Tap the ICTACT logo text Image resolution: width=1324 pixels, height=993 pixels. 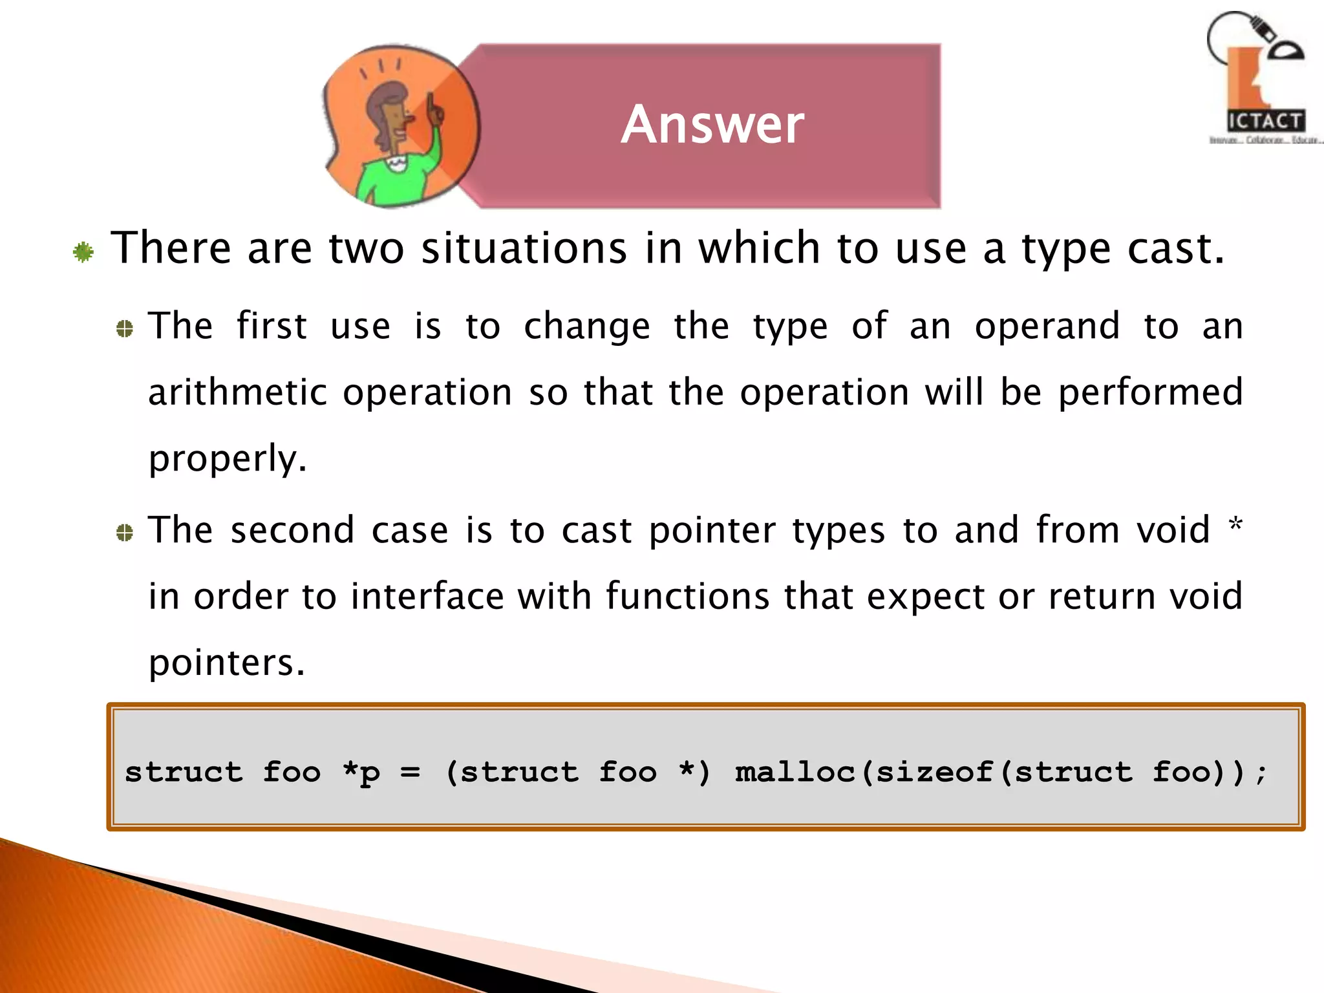click(x=1265, y=121)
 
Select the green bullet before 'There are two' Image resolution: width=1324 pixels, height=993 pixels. click(x=83, y=251)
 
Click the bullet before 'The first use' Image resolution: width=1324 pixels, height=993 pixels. click(x=125, y=329)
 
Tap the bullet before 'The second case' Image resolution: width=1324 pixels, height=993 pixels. click(x=125, y=533)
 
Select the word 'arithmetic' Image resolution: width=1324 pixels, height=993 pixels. click(x=237, y=392)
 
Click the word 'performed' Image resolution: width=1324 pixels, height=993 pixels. click(x=1151, y=392)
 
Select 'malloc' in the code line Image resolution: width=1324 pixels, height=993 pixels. click(x=795, y=771)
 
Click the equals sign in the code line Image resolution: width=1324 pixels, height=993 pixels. click(x=410, y=772)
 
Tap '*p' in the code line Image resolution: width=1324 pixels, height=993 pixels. click(x=361, y=771)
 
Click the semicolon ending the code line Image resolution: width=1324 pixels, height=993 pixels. click(x=1261, y=773)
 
